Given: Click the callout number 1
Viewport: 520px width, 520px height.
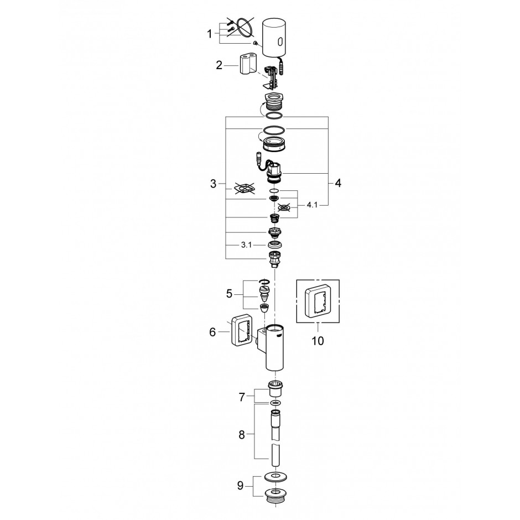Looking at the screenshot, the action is click(209, 34).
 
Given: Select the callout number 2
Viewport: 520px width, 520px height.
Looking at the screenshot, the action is click(219, 65).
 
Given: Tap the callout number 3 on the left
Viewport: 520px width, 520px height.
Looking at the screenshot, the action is click(213, 184).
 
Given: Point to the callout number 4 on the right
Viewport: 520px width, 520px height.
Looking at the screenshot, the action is click(338, 183).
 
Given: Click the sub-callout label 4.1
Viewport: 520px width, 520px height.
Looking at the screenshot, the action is click(312, 205).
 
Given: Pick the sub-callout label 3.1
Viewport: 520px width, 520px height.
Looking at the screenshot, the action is click(246, 245).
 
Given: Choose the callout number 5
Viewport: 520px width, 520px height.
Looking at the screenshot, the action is click(229, 294).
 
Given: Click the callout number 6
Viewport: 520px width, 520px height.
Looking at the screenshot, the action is click(212, 332).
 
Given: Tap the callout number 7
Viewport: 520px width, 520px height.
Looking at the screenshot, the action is click(242, 397).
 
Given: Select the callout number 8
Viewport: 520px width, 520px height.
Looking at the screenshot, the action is click(242, 435).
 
